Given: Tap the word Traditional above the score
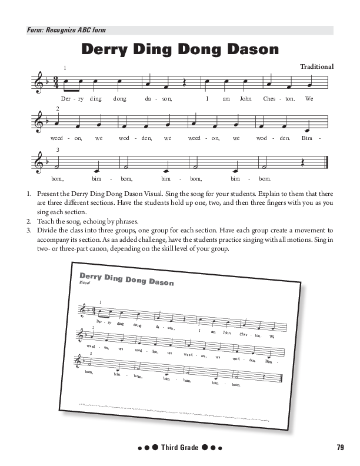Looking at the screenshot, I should [x=316, y=66].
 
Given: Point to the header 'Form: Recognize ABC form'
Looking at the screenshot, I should [x=66, y=30].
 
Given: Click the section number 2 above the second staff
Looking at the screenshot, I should [x=58, y=109].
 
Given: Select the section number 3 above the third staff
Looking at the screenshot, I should [x=58, y=149].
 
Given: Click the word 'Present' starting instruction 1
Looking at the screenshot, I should [x=49, y=193].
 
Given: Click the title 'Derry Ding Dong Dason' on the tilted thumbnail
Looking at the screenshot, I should [x=126, y=278].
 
